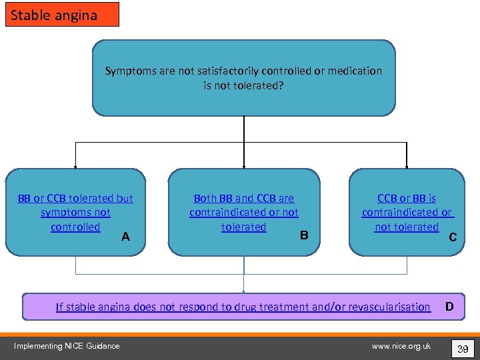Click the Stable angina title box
click(62, 15)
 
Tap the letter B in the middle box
click(304, 235)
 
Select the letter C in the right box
click(453, 237)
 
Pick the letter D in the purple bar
click(449, 307)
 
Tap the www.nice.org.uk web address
click(401, 346)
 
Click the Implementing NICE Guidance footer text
click(67, 346)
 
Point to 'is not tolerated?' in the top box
click(243, 85)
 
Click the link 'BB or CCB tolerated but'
click(75, 198)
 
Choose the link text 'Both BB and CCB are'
click(243, 198)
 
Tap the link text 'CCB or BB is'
click(407, 198)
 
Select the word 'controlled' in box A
click(75, 227)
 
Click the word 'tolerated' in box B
click(243, 227)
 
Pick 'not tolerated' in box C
click(407, 227)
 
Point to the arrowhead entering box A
click(75, 166)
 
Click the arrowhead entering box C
click(407, 166)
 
